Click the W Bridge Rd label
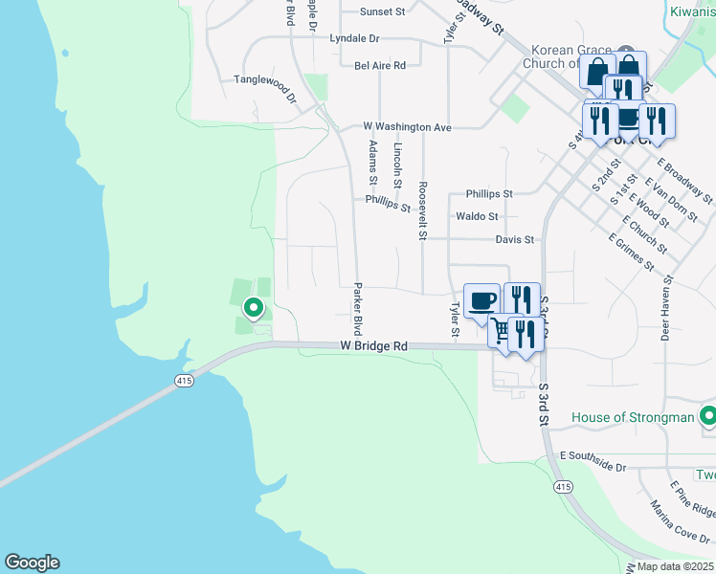[373, 346]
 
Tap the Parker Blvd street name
[357, 308]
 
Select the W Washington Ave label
[407, 126]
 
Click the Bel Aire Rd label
[380, 65]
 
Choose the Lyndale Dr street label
[354, 39]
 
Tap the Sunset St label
[384, 12]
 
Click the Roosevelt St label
[422, 210]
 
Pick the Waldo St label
[477, 217]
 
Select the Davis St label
[514, 239]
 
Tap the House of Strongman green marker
[708, 416]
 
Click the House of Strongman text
[633, 417]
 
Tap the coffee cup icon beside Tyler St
[481, 299]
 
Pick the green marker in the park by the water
[254, 307]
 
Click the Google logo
[32, 563]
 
